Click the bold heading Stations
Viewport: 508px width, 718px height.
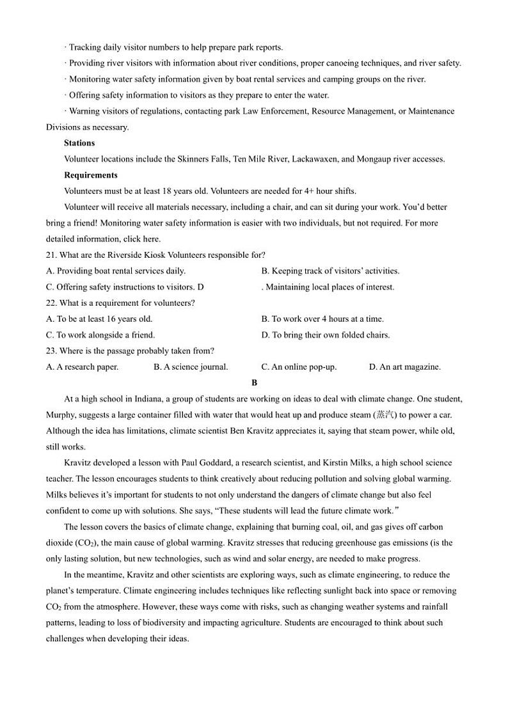click(x=79, y=143)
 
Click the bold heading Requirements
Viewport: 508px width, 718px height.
click(x=91, y=175)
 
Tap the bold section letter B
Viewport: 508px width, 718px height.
click(x=254, y=383)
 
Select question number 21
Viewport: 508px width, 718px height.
click(x=51, y=255)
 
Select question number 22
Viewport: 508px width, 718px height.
click(x=51, y=303)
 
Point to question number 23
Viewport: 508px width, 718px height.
click(x=51, y=351)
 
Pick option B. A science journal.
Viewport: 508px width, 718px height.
click(x=191, y=367)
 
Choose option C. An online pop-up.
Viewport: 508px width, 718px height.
click(x=299, y=367)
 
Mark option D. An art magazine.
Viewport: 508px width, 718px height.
click(x=405, y=367)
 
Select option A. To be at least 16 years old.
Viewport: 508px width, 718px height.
click(x=99, y=319)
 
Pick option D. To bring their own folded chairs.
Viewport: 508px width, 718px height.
click(x=325, y=335)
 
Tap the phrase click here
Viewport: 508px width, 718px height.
click(x=141, y=239)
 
